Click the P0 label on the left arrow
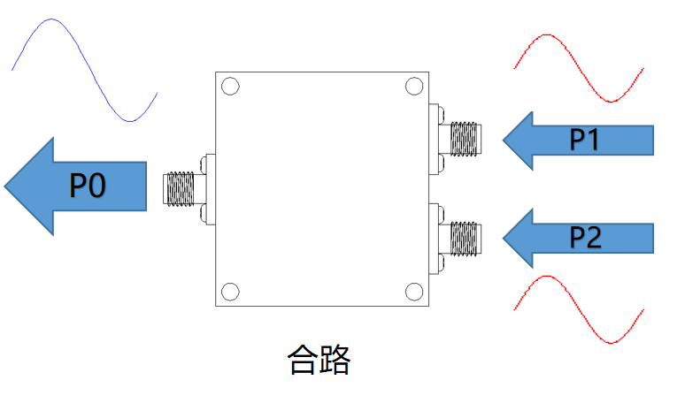(88, 186)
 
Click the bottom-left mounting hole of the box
(230, 292)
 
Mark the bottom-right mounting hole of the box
(413, 292)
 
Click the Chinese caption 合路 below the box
(319, 360)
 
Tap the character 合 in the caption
(304, 360)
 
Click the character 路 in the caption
(335, 360)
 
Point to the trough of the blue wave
(130, 120)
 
